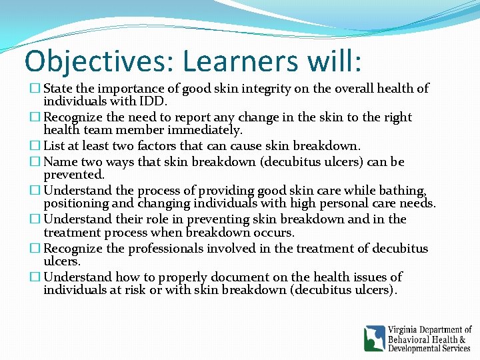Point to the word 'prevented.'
tap(74, 175)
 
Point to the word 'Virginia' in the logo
tap(407, 330)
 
